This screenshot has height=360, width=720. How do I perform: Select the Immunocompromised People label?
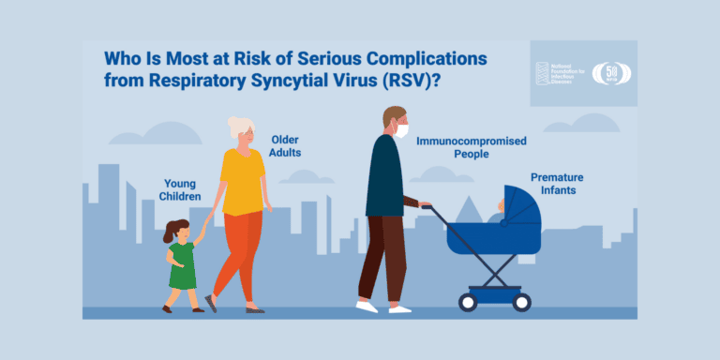point(472,147)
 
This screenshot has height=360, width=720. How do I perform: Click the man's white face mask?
point(401,130)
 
